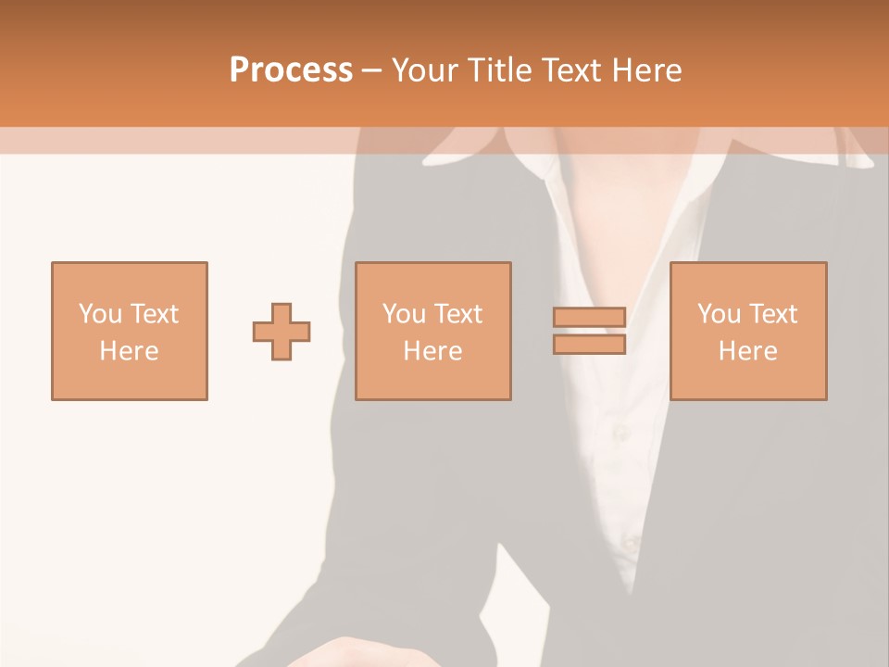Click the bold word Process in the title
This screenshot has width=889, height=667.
point(291,70)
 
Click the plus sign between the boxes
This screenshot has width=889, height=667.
point(282,331)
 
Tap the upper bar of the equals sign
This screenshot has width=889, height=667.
point(589,318)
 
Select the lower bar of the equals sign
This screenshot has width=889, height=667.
point(589,344)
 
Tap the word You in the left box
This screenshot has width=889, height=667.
point(100,314)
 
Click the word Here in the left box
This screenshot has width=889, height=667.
point(130,351)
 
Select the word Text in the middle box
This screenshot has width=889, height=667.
point(457,314)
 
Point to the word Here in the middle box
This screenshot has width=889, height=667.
point(433,351)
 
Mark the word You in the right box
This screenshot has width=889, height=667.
point(719,314)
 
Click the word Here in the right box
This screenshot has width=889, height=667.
point(748,351)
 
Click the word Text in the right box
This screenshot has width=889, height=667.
point(772,314)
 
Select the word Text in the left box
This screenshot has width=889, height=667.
point(154,314)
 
